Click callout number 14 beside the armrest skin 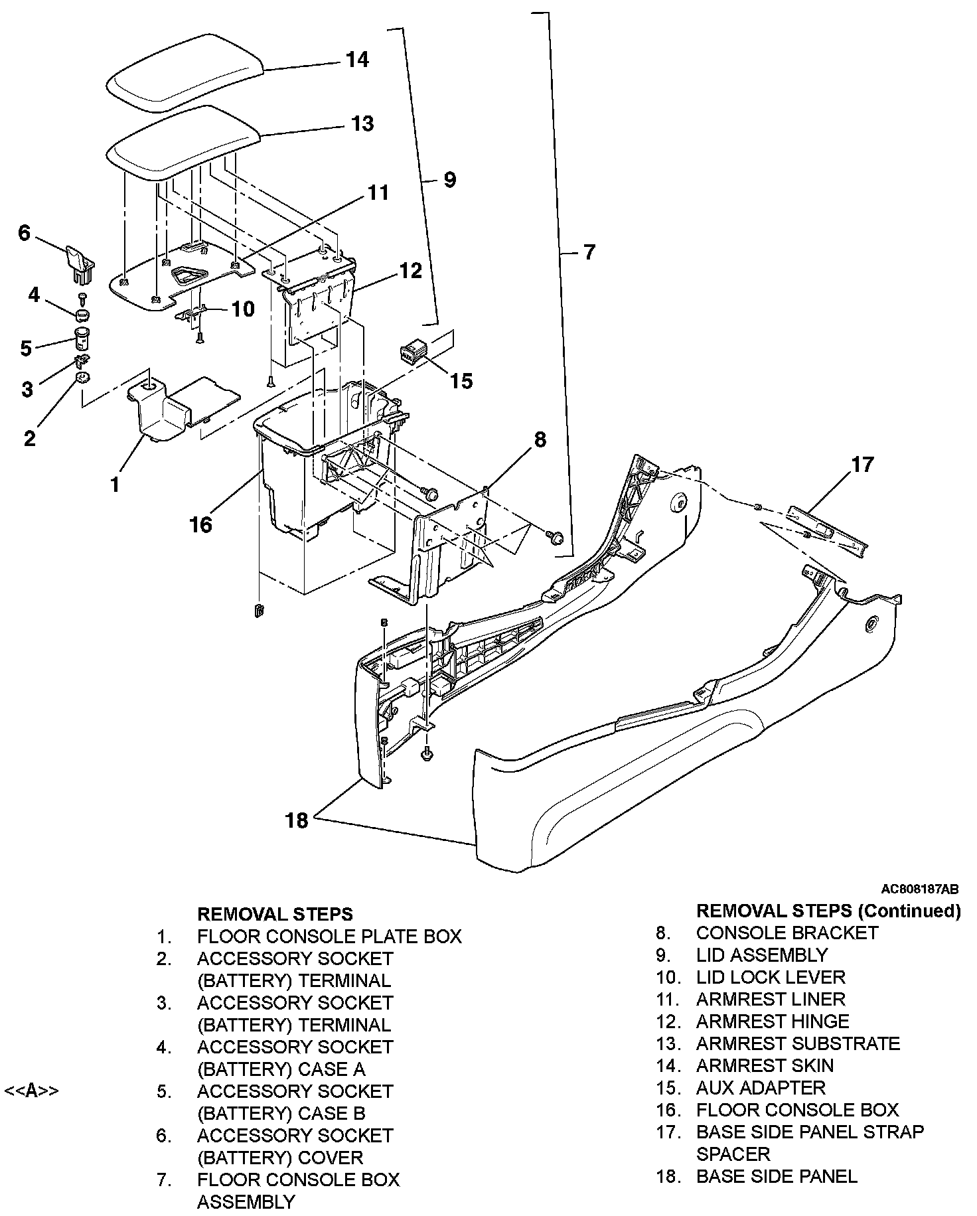pos(357,60)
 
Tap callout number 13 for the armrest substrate pos(362,124)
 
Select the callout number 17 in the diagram pos(862,464)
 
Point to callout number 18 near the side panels pos(297,820)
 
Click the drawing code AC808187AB pos(919,889)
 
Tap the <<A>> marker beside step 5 pos(31,1091)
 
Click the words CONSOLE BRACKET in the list pos(787,933)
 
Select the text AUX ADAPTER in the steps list pos(761,1087)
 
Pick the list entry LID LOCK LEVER pos(771,977)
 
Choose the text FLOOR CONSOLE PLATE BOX pos(329,936)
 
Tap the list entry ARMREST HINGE pos(773,1021)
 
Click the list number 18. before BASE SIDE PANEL pos(668,1176)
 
